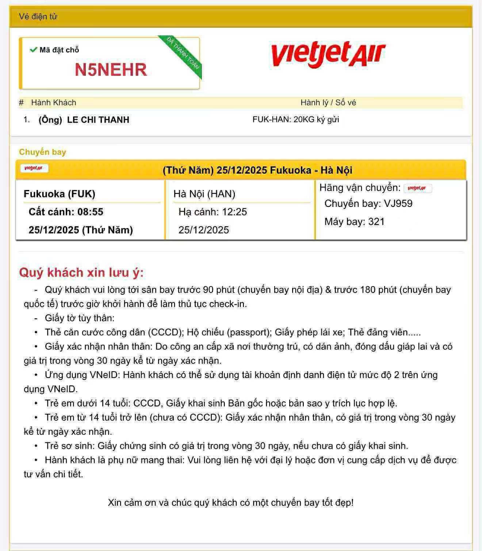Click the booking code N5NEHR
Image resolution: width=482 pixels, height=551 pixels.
(x=111, y=70)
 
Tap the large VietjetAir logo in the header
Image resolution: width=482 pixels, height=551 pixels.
(x=328, y=55)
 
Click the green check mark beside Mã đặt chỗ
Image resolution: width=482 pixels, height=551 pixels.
(x=34, y=50)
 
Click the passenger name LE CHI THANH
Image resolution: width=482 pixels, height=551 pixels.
(x=98, y=120)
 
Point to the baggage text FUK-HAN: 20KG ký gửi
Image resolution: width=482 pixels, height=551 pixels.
(x=296, y=119)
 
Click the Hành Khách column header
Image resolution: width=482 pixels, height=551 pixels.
(x=54, y=103)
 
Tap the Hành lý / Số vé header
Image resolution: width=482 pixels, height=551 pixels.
(x=328, y=103)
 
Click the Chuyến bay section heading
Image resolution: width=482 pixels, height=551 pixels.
(x=42, y=152)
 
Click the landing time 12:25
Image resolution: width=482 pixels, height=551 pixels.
(x=235, y=212)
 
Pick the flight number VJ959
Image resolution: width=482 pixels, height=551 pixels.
(x=398, y=203)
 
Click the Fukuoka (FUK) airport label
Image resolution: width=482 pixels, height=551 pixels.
(x=60, y=194)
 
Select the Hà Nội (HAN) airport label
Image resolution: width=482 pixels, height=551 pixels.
(x=204, y=194)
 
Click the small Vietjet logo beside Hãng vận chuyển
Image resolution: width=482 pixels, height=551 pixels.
(x=417, y=188)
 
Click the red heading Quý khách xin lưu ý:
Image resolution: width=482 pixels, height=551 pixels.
(x=81, y=272)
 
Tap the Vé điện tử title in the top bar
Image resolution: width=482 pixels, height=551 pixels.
(x=38, y=16)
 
